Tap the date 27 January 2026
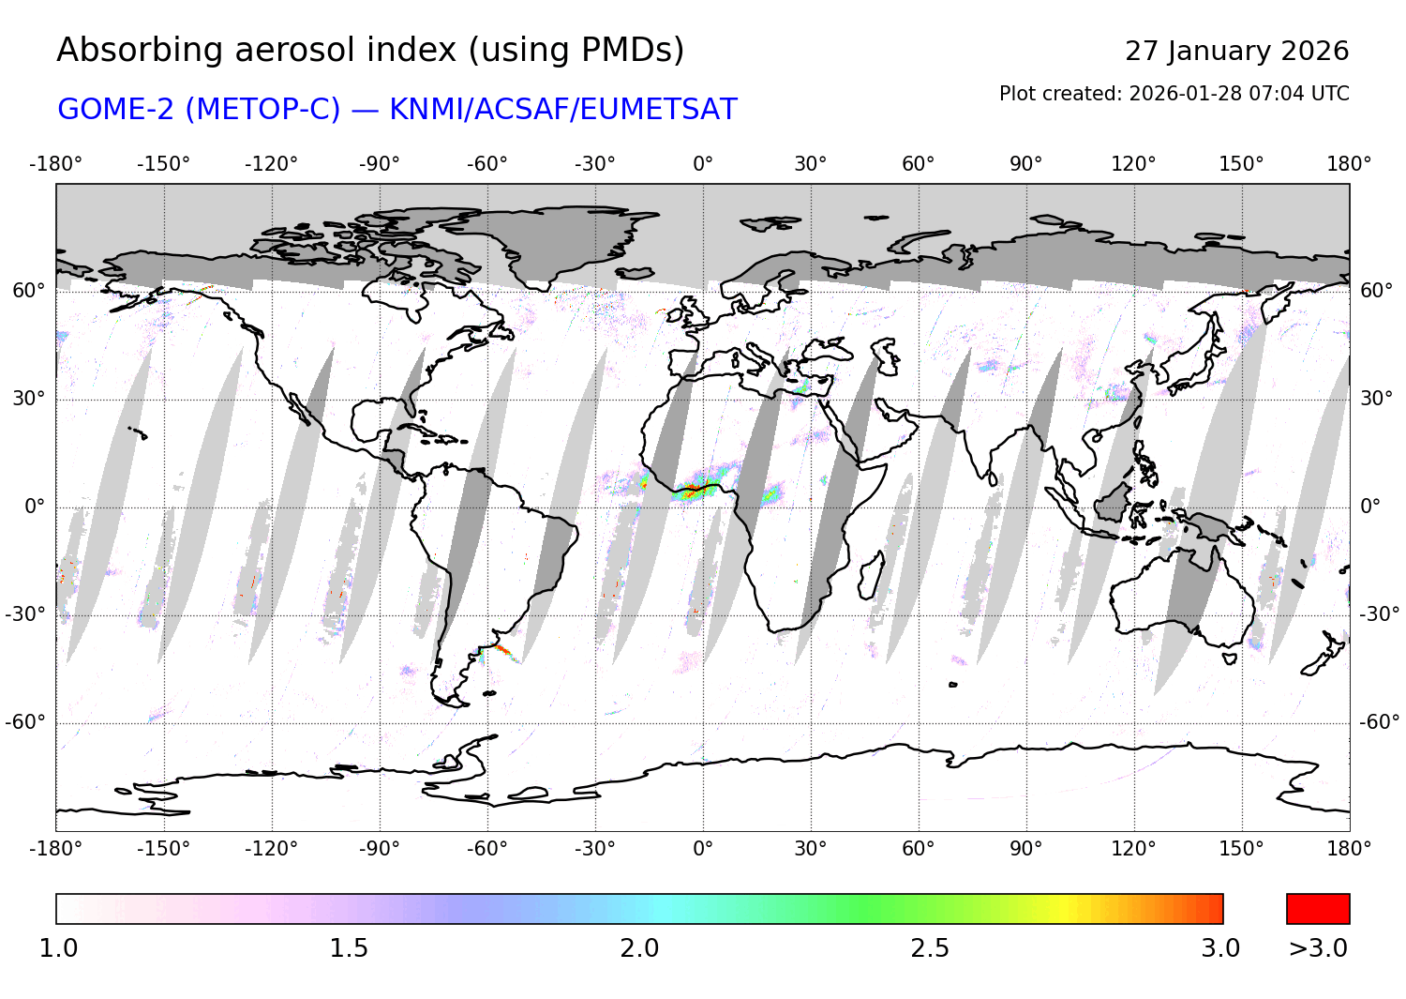click(x=1236, y=51)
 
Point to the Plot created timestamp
click(x=1174, y=94)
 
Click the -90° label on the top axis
click(x=379, y=164)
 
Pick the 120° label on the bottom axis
click(x=1133, y=849)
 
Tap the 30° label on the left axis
click(x=28, y=399)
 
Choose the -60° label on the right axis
click(x=1379, y=721)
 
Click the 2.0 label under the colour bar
click(x=639, y=948)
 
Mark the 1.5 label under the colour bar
click(x=349, y=948)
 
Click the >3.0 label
click(x=1318, y=948)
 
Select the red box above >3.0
click(x=1318, y=909)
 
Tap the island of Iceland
click(x=636, y=273)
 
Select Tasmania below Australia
click(x=1230, y=658)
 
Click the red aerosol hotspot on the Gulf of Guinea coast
click(x=692, y=489)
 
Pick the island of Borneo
click(x=1113, y=502)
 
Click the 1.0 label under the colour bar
click(x=58, y=948)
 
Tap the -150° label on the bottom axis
click(x=163, y=849)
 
